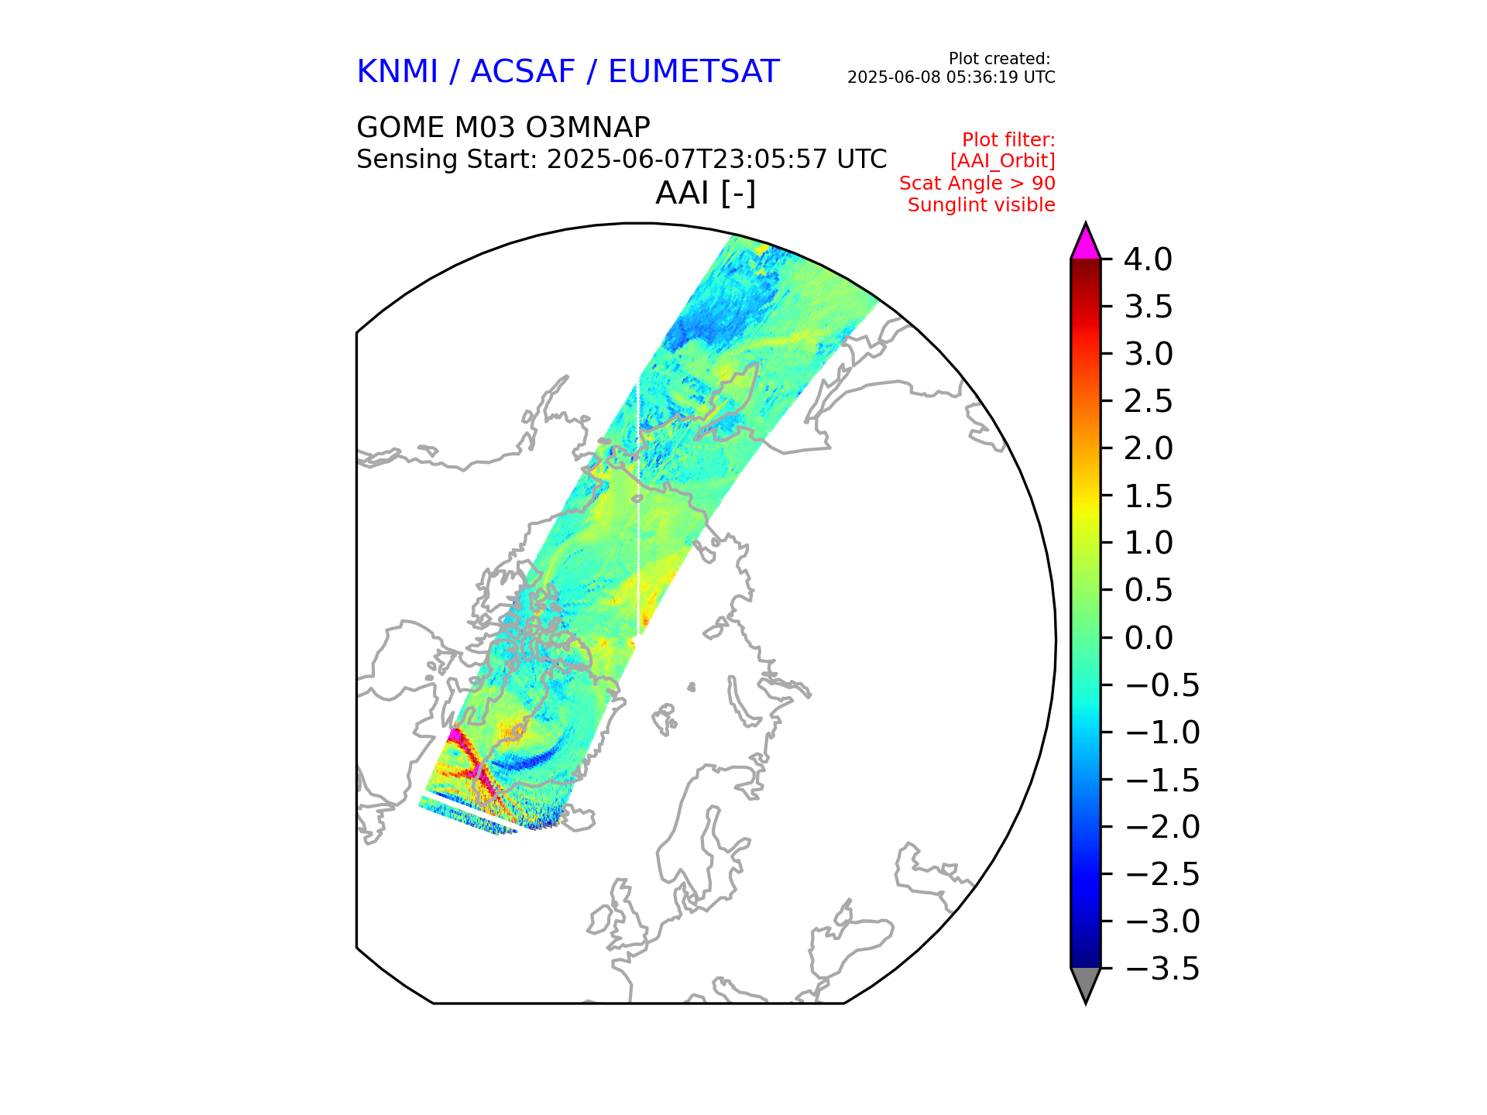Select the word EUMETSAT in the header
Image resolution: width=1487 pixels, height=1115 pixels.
click(x=693, y=72)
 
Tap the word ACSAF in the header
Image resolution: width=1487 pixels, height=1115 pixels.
click(x=523, y=72)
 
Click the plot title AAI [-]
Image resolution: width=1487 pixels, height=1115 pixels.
click(x=705, y=193)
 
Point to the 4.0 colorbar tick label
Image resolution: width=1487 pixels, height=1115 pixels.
click(x=1148, y=260)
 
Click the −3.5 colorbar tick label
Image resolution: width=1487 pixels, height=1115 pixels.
click(x=1162, y=969)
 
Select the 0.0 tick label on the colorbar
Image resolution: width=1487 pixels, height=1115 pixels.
click(x=1148, y=638)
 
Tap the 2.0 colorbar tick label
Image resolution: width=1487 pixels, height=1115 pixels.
click(x=1148, y=448)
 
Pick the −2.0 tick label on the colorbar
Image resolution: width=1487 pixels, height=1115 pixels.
click(x=1162, y=827)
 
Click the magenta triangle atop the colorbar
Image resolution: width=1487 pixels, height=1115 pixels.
click(x=1085, y=243)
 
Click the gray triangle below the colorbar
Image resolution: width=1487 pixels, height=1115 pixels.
click(x=1085, y=983)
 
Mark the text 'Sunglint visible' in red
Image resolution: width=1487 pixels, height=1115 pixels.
click(x=981, y=205)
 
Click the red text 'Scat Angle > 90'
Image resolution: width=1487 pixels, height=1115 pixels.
click(x=977, y=184)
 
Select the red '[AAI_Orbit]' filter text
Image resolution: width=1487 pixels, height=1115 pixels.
click(x=1002, y=161)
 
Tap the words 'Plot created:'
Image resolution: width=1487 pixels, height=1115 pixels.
click(x=999, y=59)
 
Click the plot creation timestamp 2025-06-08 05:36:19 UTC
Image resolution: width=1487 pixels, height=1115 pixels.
click(x=951, y=77)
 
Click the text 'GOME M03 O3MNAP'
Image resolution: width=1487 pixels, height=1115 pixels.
click(x=503, y=127)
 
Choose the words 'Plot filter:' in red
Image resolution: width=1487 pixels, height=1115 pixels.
click(x=1008, y=140)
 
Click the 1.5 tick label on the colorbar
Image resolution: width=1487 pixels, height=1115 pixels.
click(x=1148, y=496)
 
